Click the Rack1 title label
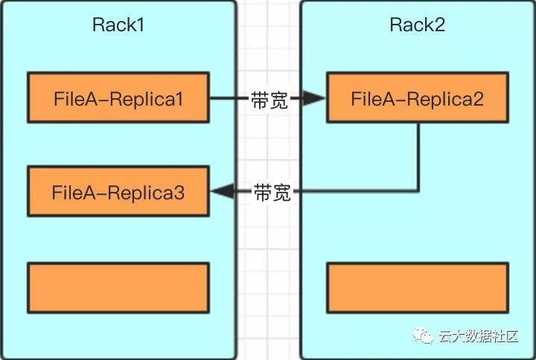(118, 25)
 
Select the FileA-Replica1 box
(118, 97)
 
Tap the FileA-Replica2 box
(418, 97)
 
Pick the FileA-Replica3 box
(118, 192)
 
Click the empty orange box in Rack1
(118, 286)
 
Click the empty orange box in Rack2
(418, 286)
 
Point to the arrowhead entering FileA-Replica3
(220, 192)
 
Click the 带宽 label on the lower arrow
(272, 193)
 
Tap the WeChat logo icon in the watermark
(425, 336)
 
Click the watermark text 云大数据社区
(478, 337)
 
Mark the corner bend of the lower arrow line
(418, 191)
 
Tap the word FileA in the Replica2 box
(372, 97)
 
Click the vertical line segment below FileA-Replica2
(418, 156)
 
